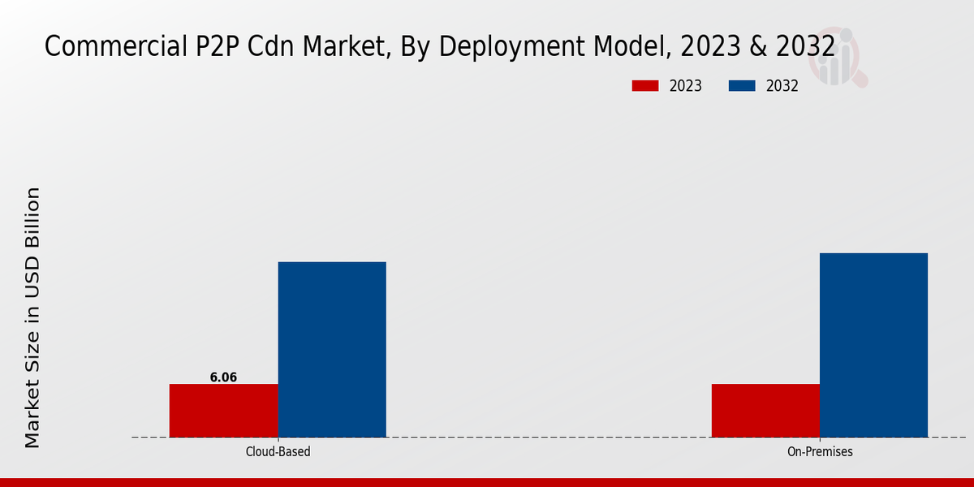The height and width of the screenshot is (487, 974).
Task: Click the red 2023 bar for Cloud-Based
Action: [x=223, y=410]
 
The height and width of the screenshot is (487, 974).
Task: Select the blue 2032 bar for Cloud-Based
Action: [x=332, y=349]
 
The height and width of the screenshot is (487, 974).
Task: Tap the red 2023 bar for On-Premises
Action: [x=765, y=410]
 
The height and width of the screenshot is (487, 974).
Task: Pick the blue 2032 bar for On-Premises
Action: [x=873, y=345]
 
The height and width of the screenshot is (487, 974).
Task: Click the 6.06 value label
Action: [x=223, y=377]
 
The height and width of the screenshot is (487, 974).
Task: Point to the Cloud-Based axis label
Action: [x=278, y=451]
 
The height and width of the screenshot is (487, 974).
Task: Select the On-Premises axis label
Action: [x=820, y=451]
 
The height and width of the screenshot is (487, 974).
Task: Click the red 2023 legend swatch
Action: [x=644, y=86]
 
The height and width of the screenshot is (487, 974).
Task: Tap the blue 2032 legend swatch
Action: [x=742, y=86]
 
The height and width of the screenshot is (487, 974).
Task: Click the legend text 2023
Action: [x=686, y=86]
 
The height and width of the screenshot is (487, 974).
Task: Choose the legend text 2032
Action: [x=782, y=86]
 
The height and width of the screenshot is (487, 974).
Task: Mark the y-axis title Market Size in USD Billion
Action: [x=32, y=317]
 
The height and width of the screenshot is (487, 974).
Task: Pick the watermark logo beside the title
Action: [x=841, y=57]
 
